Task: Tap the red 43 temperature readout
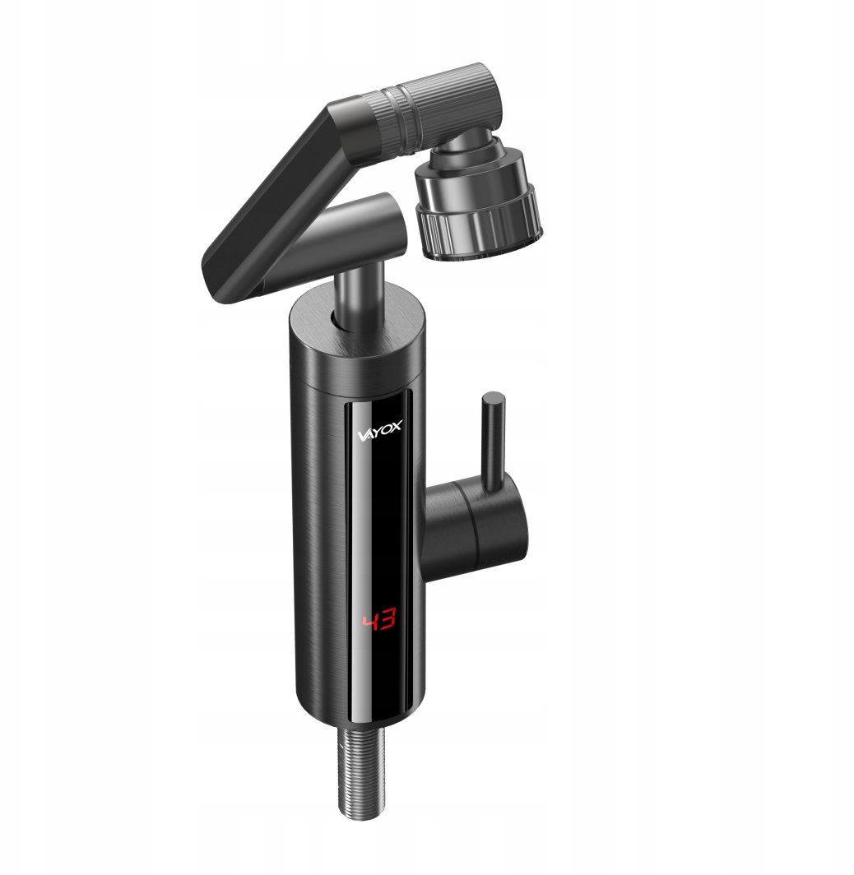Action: (x=379, y=621)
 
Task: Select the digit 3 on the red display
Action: (x=389, y=620)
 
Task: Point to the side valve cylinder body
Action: (x=476, y=525)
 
